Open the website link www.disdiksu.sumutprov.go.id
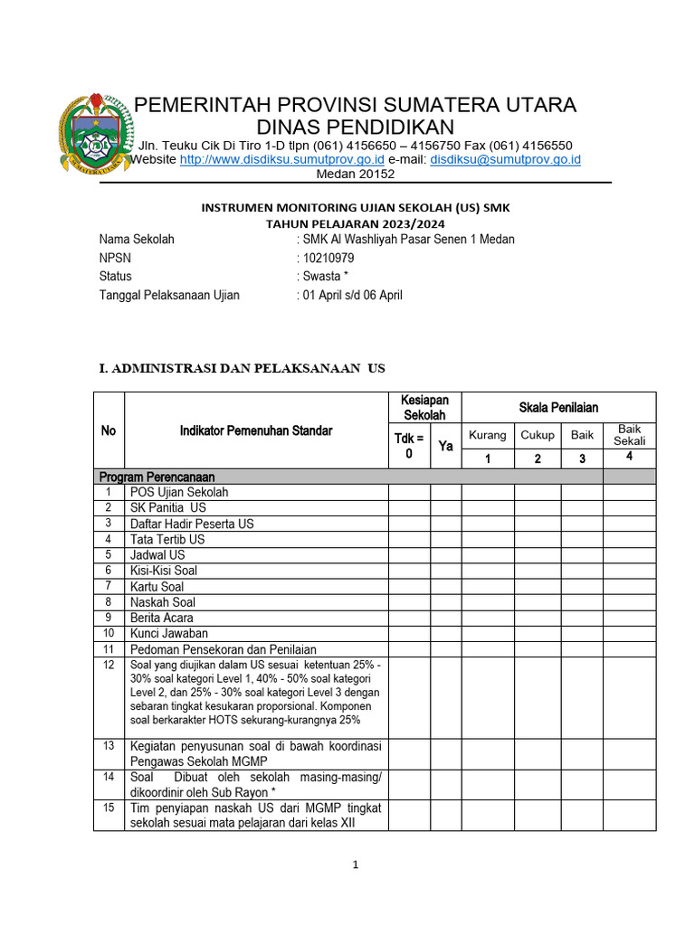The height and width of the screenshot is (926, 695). pos(282,160)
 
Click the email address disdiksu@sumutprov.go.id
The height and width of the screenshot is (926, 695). pos(505,160)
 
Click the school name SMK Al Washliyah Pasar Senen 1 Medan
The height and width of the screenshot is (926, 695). pos(408,240)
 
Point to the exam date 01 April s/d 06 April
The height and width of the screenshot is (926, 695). pos(353,295)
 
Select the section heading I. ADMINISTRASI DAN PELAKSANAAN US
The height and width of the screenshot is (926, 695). pos(242,368)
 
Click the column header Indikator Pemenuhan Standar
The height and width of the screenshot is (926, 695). pos(256,430)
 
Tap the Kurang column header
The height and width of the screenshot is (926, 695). pos(488,435)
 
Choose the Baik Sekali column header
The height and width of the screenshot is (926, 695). pos(629,435)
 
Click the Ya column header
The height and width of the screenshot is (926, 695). pos(445,446)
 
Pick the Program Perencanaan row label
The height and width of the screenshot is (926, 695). pos(157,477)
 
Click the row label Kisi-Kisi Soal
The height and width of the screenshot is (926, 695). pos(164,571)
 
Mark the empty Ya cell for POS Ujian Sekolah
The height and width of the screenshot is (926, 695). pos(445,492)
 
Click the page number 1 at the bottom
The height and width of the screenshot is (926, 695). pos(356,865)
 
